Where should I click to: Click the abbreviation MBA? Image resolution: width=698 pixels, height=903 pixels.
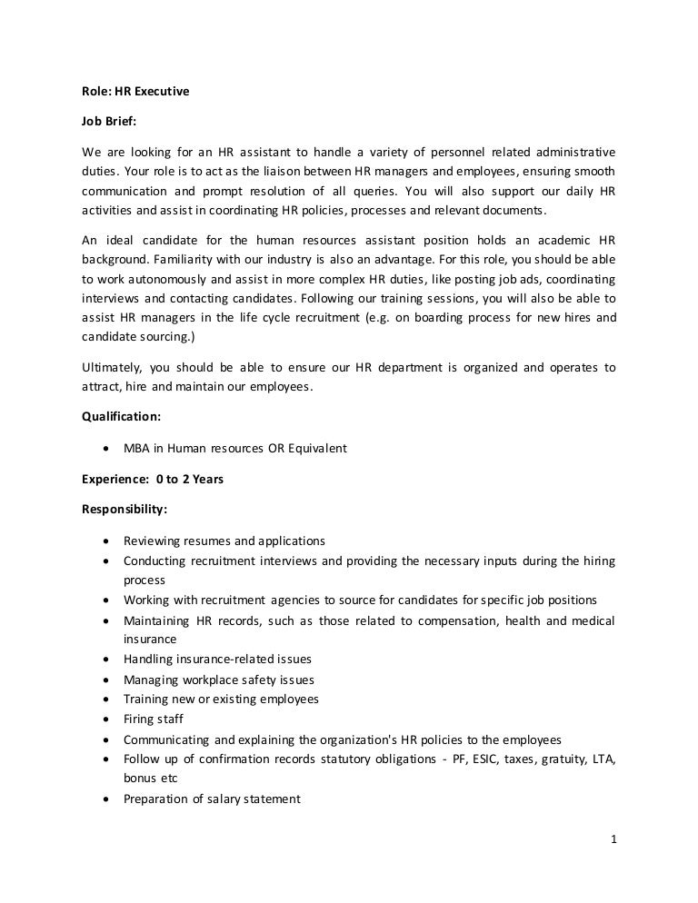[137, 449]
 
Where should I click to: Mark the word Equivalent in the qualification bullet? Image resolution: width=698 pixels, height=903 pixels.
[315, 449]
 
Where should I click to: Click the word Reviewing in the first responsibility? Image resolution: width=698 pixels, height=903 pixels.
[152, 540]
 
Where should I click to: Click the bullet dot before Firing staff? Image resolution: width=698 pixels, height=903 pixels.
[107, 719]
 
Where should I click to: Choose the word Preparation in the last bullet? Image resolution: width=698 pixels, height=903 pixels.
[157, 799]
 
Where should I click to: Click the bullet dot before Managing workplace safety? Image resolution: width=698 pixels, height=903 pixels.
[107, 680]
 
